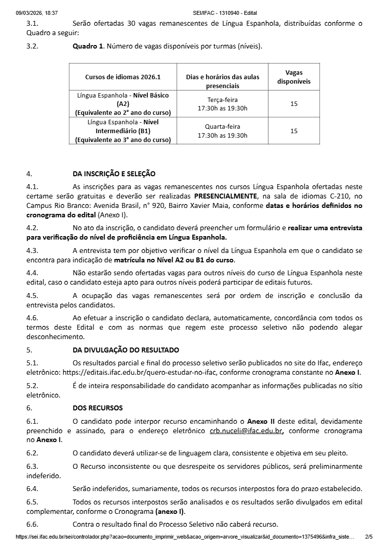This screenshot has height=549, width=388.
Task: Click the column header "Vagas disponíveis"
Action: [294, 77]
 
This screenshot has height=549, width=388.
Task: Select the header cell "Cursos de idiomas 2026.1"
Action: [123, 77]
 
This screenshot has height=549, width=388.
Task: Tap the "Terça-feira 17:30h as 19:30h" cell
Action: [222, 104]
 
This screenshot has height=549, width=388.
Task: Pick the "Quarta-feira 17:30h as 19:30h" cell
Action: [222, 131]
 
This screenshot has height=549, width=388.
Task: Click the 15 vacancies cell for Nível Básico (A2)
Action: [294, 104]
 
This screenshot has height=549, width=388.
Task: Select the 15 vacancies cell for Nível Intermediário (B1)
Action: [294, 131]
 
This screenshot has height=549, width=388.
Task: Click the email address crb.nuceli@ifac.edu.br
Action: [246, 431]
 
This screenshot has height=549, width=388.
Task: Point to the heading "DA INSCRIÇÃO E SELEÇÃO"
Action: [114, 174]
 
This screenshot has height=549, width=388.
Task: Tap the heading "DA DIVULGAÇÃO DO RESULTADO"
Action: [126, 350]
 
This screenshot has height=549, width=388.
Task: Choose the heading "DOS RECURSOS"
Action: [97, 408]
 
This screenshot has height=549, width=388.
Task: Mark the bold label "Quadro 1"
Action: [88, 47]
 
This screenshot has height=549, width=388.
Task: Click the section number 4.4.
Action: [32, 273]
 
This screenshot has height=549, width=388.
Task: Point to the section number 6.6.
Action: [32, 524]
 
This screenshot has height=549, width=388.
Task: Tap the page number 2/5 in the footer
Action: [369, 537]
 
